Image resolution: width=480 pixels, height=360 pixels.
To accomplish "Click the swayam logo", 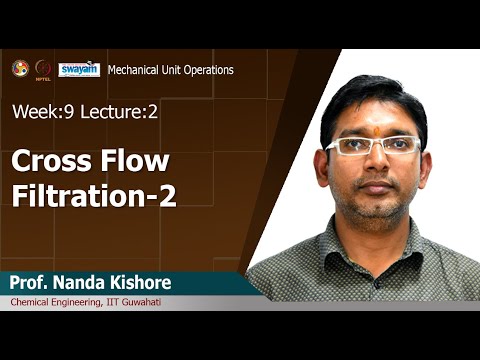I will (x=79, y=69).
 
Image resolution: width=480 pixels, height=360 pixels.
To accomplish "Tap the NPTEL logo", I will (x=43, y=69).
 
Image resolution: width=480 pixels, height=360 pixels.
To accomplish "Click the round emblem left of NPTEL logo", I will (x=20, y=68).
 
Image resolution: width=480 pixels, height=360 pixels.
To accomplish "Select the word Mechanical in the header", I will (x=136, y=70).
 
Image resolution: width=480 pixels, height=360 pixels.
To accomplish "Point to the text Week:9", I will (x=40, y=111).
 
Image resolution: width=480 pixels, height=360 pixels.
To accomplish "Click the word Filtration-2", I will (x=94, y=195).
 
